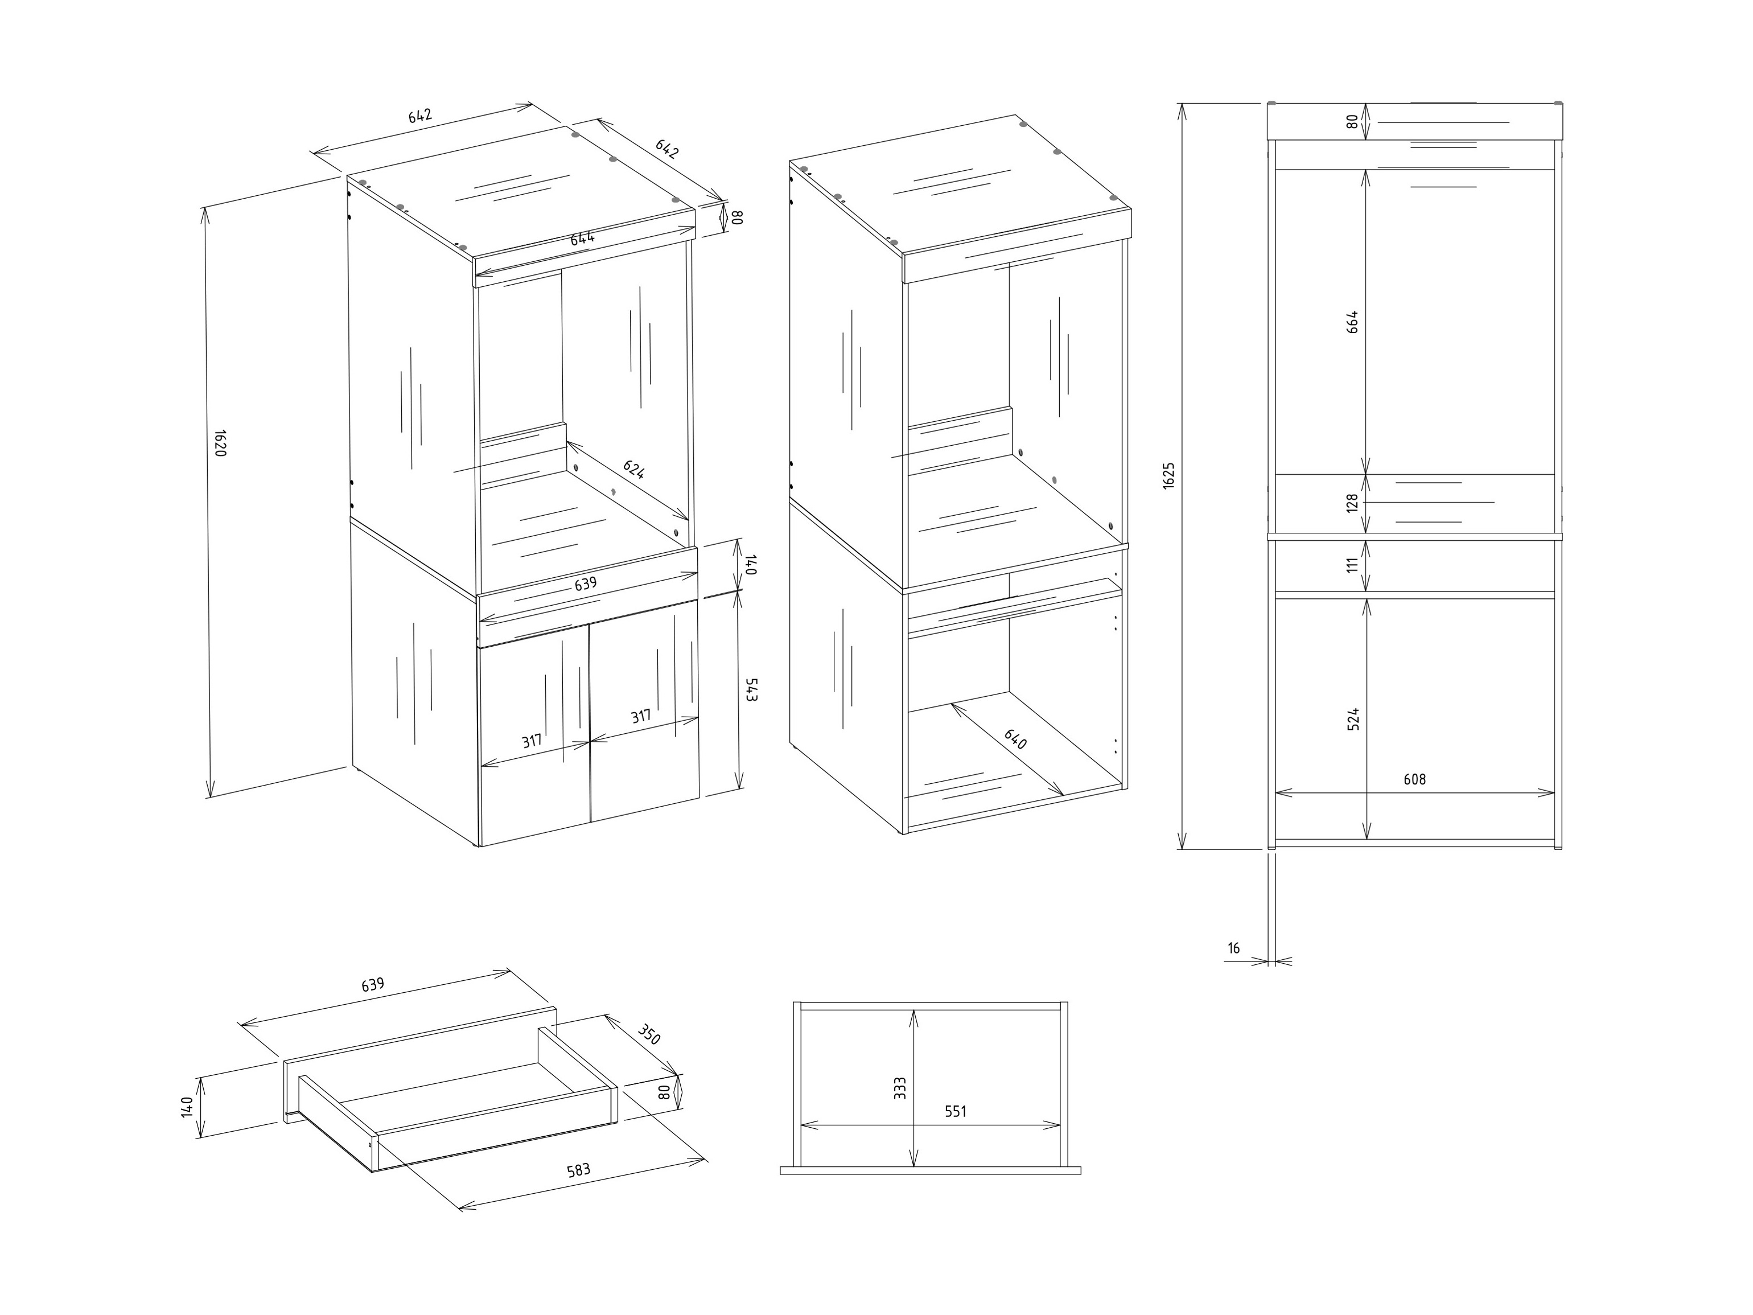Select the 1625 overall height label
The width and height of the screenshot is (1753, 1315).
(1169, 475)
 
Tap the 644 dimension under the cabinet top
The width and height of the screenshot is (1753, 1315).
(582, 237)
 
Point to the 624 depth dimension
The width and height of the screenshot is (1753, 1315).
(633, 469)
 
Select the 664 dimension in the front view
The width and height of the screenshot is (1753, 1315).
(1353, 321)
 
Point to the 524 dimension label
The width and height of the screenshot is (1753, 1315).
(1353, 718)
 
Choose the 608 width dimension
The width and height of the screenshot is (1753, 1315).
(1414, 779)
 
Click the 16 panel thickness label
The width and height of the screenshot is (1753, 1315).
(1233, 948)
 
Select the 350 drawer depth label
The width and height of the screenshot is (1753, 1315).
(648, 1034)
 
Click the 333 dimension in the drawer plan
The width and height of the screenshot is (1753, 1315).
(899, 1087)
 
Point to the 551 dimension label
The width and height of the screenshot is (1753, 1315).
(956, 1111)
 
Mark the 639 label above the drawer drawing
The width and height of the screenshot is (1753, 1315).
(372, 984)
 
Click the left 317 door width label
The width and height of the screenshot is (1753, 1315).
(532, 741)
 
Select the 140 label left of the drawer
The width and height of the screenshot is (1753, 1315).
(187, 1107)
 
